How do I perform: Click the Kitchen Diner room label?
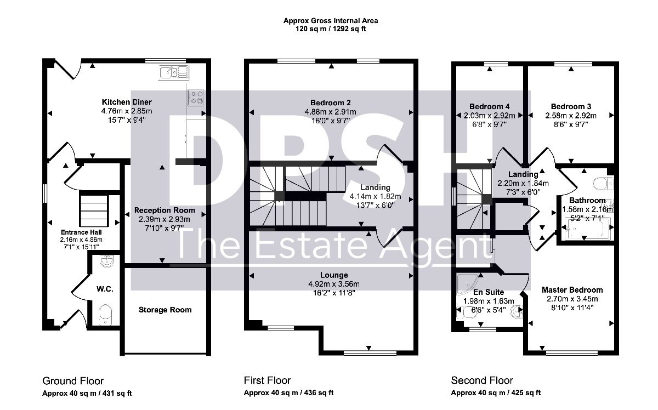127,102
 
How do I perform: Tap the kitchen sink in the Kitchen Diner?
174,72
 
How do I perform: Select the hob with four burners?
196,98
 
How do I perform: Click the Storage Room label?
165,310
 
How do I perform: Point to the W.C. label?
105,289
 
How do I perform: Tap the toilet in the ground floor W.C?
105,315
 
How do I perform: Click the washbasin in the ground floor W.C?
106,261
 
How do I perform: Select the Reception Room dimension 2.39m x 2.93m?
164,219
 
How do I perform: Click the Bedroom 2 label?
331,102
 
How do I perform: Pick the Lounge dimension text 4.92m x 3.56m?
334,284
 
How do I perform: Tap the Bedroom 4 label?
489,106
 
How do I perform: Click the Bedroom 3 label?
571,106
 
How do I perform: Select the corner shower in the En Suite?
467,284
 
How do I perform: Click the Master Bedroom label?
572,290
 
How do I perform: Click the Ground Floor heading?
73,381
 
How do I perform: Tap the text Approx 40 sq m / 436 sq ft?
289,392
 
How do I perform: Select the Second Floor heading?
482,380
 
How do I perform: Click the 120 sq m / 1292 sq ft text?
331,29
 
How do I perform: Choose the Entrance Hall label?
81,232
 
